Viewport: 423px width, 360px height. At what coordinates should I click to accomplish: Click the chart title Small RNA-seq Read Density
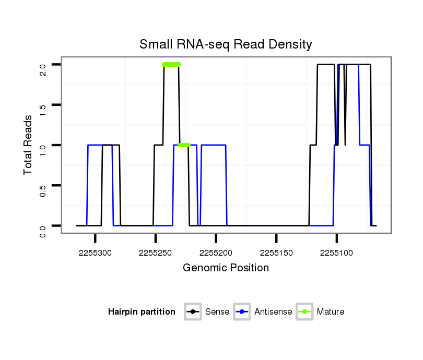click(x=226, y=44)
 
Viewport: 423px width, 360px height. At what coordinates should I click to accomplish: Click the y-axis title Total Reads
click(x=28, y=145)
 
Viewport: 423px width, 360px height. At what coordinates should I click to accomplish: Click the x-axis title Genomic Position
click(x=226, y=268)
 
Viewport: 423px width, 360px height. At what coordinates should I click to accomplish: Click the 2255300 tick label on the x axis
click(x=96, y=253)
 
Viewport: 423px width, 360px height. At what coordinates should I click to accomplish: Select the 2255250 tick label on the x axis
click(x=156, y=253)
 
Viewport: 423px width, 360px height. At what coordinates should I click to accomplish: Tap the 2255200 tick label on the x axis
click(x=216, y=253)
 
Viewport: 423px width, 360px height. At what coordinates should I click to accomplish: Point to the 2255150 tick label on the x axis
click(x=276, y=253)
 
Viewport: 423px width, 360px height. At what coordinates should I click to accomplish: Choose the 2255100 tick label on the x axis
click(x=336, y=253)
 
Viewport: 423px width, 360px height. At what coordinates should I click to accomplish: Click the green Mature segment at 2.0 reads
click(x=171, y=65)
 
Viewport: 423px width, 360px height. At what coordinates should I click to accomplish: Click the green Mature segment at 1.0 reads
click(x=183, y=145)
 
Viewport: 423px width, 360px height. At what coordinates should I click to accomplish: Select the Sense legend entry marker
click(x=193, y=312)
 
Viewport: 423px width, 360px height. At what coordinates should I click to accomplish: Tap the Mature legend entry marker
click(x=304, y=312)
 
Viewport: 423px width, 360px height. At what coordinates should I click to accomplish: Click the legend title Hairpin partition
click(x=142, y=312)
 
